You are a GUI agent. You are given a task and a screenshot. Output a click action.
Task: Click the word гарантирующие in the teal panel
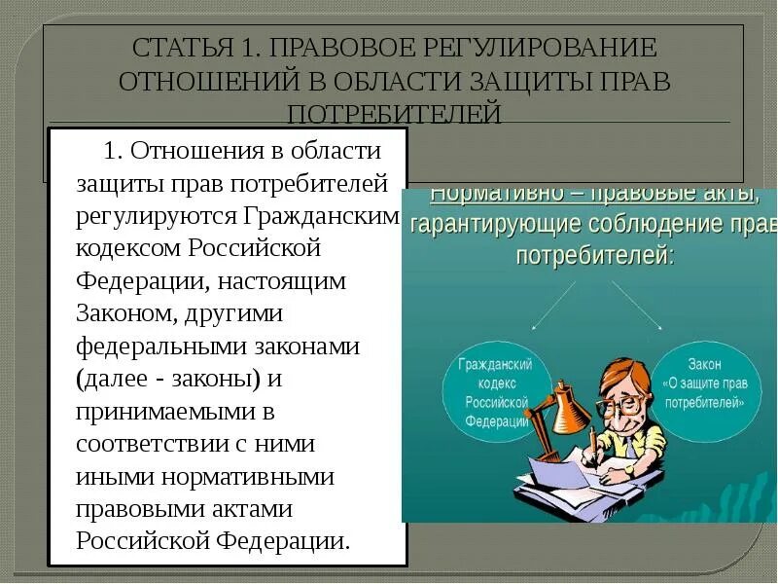pyautogui.click(x=495, y=225)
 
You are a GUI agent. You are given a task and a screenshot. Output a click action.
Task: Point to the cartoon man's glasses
pyautogui.click(x=622, y=403)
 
